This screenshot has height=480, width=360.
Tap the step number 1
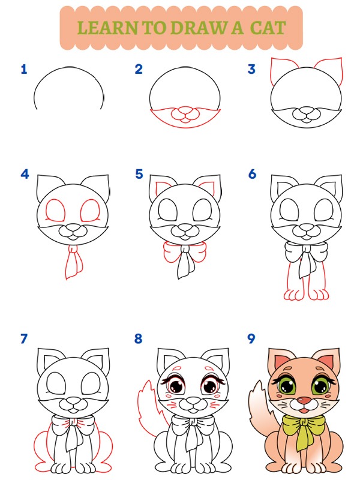[24, 70]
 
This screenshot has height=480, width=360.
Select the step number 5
[139, 175]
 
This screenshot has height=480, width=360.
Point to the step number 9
[252, 339]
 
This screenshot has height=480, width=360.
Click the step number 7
[24, 339]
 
